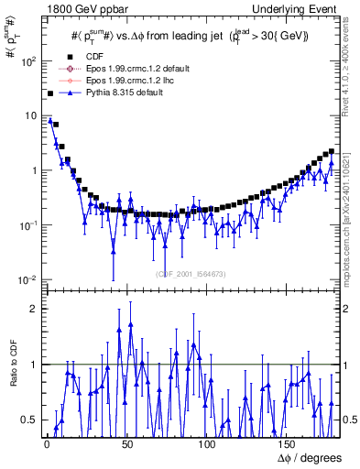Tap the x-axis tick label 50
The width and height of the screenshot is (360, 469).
[x=126, y=443]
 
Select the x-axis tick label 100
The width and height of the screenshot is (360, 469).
[x=207, y=443]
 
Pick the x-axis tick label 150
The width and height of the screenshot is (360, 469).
[x=289, y=443]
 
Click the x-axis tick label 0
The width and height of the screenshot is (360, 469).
[x=46, y=443]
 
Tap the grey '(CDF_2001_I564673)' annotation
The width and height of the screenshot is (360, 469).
[x=191, y=273]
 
